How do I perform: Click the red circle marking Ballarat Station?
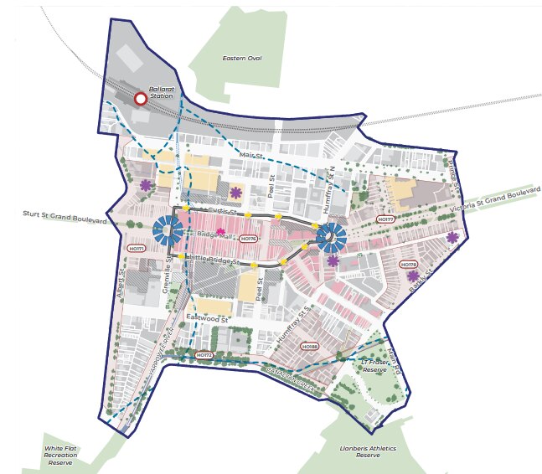pos(141,99)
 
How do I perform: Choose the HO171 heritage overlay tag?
pos(136,249)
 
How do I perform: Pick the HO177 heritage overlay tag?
pos(385,219)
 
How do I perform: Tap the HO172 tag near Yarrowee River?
pos(204,355)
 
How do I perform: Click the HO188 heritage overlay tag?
pos(309,346)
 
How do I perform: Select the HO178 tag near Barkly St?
pos(410,265)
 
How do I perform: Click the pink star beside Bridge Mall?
pos(221,232)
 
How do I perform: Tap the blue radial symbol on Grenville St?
pos(172,229)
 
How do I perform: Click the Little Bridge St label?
pos(214,260)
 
